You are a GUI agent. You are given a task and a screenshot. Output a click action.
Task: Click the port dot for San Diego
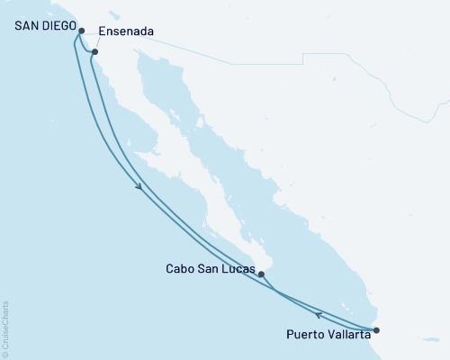coord(82,31)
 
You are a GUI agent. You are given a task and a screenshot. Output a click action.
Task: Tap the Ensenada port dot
coord(94,52)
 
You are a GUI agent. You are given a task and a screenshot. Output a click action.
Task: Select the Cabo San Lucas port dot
coord(260,274)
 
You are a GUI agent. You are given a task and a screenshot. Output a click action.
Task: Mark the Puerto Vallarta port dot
coord(377,330)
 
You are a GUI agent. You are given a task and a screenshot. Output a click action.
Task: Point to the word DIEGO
coord(56,27)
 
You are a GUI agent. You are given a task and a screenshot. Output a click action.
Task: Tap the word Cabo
coord(180,268)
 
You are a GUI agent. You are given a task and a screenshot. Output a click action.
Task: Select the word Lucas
coord(236,268)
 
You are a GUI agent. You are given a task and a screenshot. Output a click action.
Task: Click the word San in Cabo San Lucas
coord(209,268)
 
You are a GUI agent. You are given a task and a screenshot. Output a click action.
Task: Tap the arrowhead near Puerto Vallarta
coord(318,313)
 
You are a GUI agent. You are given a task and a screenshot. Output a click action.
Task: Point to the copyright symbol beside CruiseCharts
coord(6,353)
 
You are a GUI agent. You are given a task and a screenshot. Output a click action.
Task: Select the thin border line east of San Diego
coord(225,64)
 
